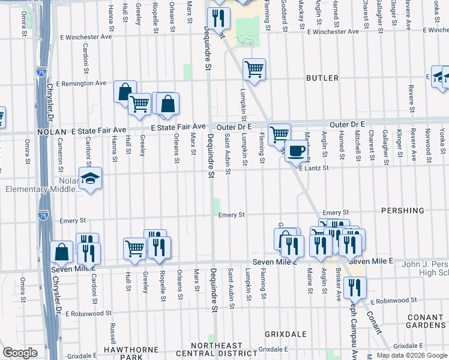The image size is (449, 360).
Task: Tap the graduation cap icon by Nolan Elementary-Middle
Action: click(90, 178)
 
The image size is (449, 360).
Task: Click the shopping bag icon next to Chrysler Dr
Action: click(62, 251)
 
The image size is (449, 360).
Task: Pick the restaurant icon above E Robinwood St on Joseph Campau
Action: click(355, 287)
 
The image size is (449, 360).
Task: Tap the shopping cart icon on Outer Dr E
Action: click(279, 134)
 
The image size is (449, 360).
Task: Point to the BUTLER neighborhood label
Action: click(322, 78)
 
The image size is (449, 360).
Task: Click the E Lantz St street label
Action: click(314, 169)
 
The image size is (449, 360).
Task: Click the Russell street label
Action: click(113, 333)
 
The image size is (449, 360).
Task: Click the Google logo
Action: click(20, 353)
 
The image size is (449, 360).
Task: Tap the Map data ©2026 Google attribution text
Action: click(411, 355)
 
